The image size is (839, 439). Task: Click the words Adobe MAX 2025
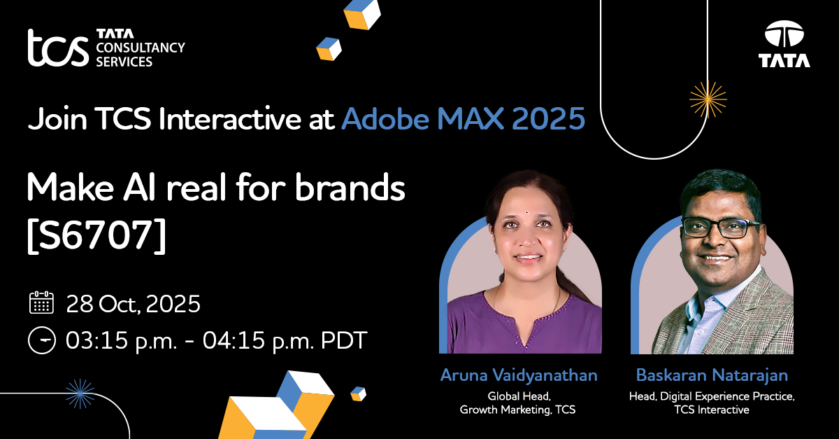point(463,120)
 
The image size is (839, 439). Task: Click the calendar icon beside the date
point(41,303)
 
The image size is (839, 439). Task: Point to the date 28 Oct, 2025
point(133,304)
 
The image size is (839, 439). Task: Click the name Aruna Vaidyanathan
point(519,375)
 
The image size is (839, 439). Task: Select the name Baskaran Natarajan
point(711,375)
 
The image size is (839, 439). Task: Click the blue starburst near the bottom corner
point(79,394)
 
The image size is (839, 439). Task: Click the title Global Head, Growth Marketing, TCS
point(518,403)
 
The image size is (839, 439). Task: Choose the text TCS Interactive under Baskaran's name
point(711,410)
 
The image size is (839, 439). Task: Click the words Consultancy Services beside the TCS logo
point(140,55)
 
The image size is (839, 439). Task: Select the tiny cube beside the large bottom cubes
point(358,393)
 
